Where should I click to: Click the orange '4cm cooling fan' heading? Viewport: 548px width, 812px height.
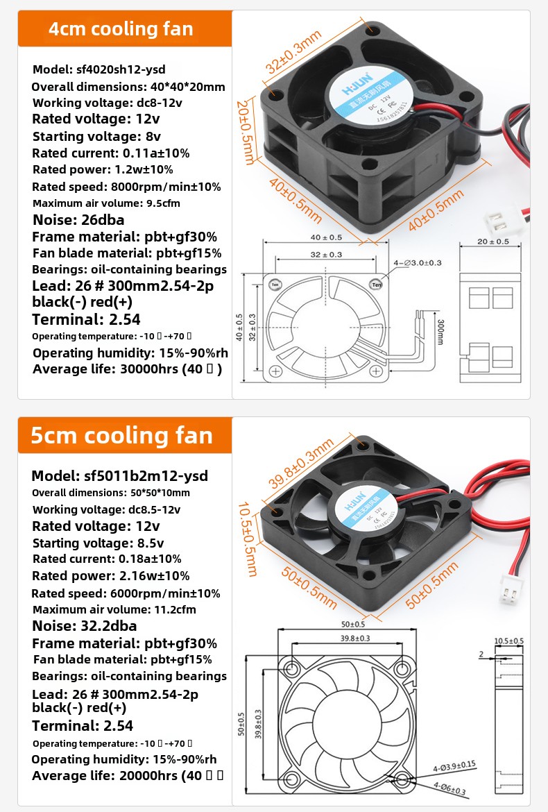tap(121, 29)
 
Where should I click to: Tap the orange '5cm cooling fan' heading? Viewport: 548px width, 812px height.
tap(121, 435)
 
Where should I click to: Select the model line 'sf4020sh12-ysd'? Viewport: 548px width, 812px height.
tap(99, 69)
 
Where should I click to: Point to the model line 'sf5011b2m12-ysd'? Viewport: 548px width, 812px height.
tap(119, 476)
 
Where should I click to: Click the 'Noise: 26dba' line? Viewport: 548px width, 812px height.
tap(78, 220)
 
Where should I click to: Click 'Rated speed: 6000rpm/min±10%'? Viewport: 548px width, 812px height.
tap(126, 593)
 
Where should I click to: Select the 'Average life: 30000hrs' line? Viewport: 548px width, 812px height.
tap(127, 369)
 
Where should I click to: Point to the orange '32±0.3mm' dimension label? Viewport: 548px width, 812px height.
tap(294, 52)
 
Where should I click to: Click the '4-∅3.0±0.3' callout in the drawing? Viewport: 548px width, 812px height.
tap(418, 263)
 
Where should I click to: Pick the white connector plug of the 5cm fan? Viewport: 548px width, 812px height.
tap(512, 595)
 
